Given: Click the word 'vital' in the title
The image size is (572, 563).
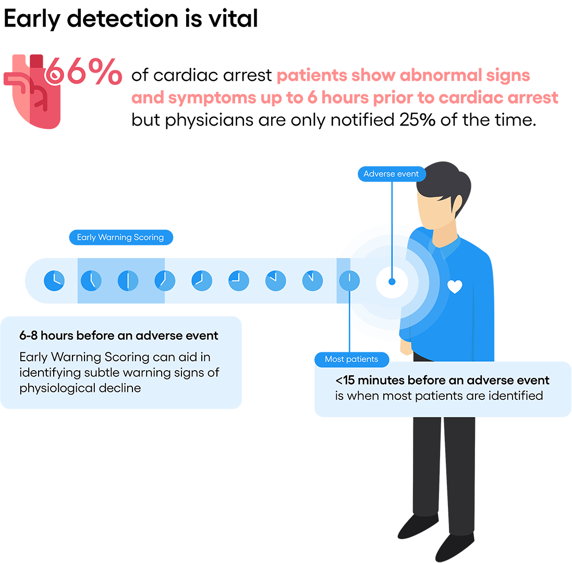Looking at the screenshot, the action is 233,18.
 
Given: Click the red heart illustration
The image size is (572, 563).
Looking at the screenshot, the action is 32,92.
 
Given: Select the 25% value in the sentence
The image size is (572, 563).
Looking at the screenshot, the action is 417,120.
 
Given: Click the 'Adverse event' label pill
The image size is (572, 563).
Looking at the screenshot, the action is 392,174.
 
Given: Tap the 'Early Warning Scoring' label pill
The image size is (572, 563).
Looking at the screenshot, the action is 121,237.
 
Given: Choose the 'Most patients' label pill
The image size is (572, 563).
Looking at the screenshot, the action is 351,359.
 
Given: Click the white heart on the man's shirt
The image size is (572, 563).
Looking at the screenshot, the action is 455,286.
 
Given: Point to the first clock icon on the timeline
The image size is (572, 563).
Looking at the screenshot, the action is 54,281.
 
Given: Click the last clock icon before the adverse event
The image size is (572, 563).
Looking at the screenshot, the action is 349,281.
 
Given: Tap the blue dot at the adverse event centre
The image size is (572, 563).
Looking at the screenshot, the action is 392,281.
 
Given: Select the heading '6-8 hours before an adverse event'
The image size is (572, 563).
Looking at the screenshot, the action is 118,336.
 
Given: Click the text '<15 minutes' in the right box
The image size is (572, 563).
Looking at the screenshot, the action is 370,381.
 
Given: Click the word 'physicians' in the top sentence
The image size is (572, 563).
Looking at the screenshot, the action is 210,120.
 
